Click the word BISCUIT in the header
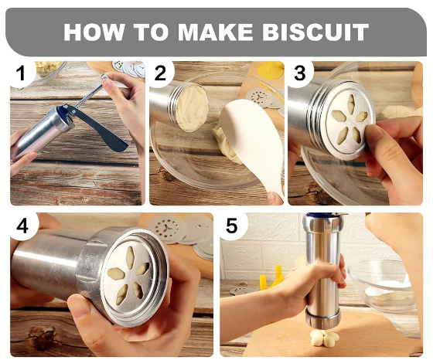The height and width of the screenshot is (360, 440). coord(316,32)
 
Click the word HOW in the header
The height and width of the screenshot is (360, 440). coord(94,32)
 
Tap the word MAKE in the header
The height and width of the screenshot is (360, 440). coord(215,32)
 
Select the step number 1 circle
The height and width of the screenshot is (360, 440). coord(22,73)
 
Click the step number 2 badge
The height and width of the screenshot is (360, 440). coord(161,73)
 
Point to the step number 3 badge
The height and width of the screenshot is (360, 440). coord(300,73)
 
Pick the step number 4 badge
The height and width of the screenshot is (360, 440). coord(23,226)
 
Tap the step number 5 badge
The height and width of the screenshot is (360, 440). coord(233,226)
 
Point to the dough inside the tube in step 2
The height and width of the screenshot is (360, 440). coord(193,107)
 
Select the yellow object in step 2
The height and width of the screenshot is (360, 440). coord(271,70)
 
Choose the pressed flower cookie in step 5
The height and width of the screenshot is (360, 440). coord(325,338)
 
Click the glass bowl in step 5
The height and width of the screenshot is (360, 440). coord(382,284)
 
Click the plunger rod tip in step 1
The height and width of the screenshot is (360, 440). coord(104,76)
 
